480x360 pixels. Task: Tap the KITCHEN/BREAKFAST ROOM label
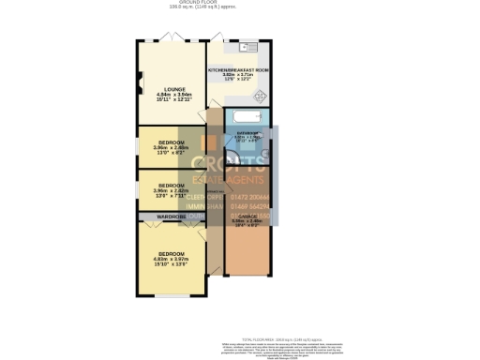coord(238,70)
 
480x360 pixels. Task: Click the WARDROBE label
coord(171,217)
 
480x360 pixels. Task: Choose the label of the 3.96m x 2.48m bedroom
coord(170,142)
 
